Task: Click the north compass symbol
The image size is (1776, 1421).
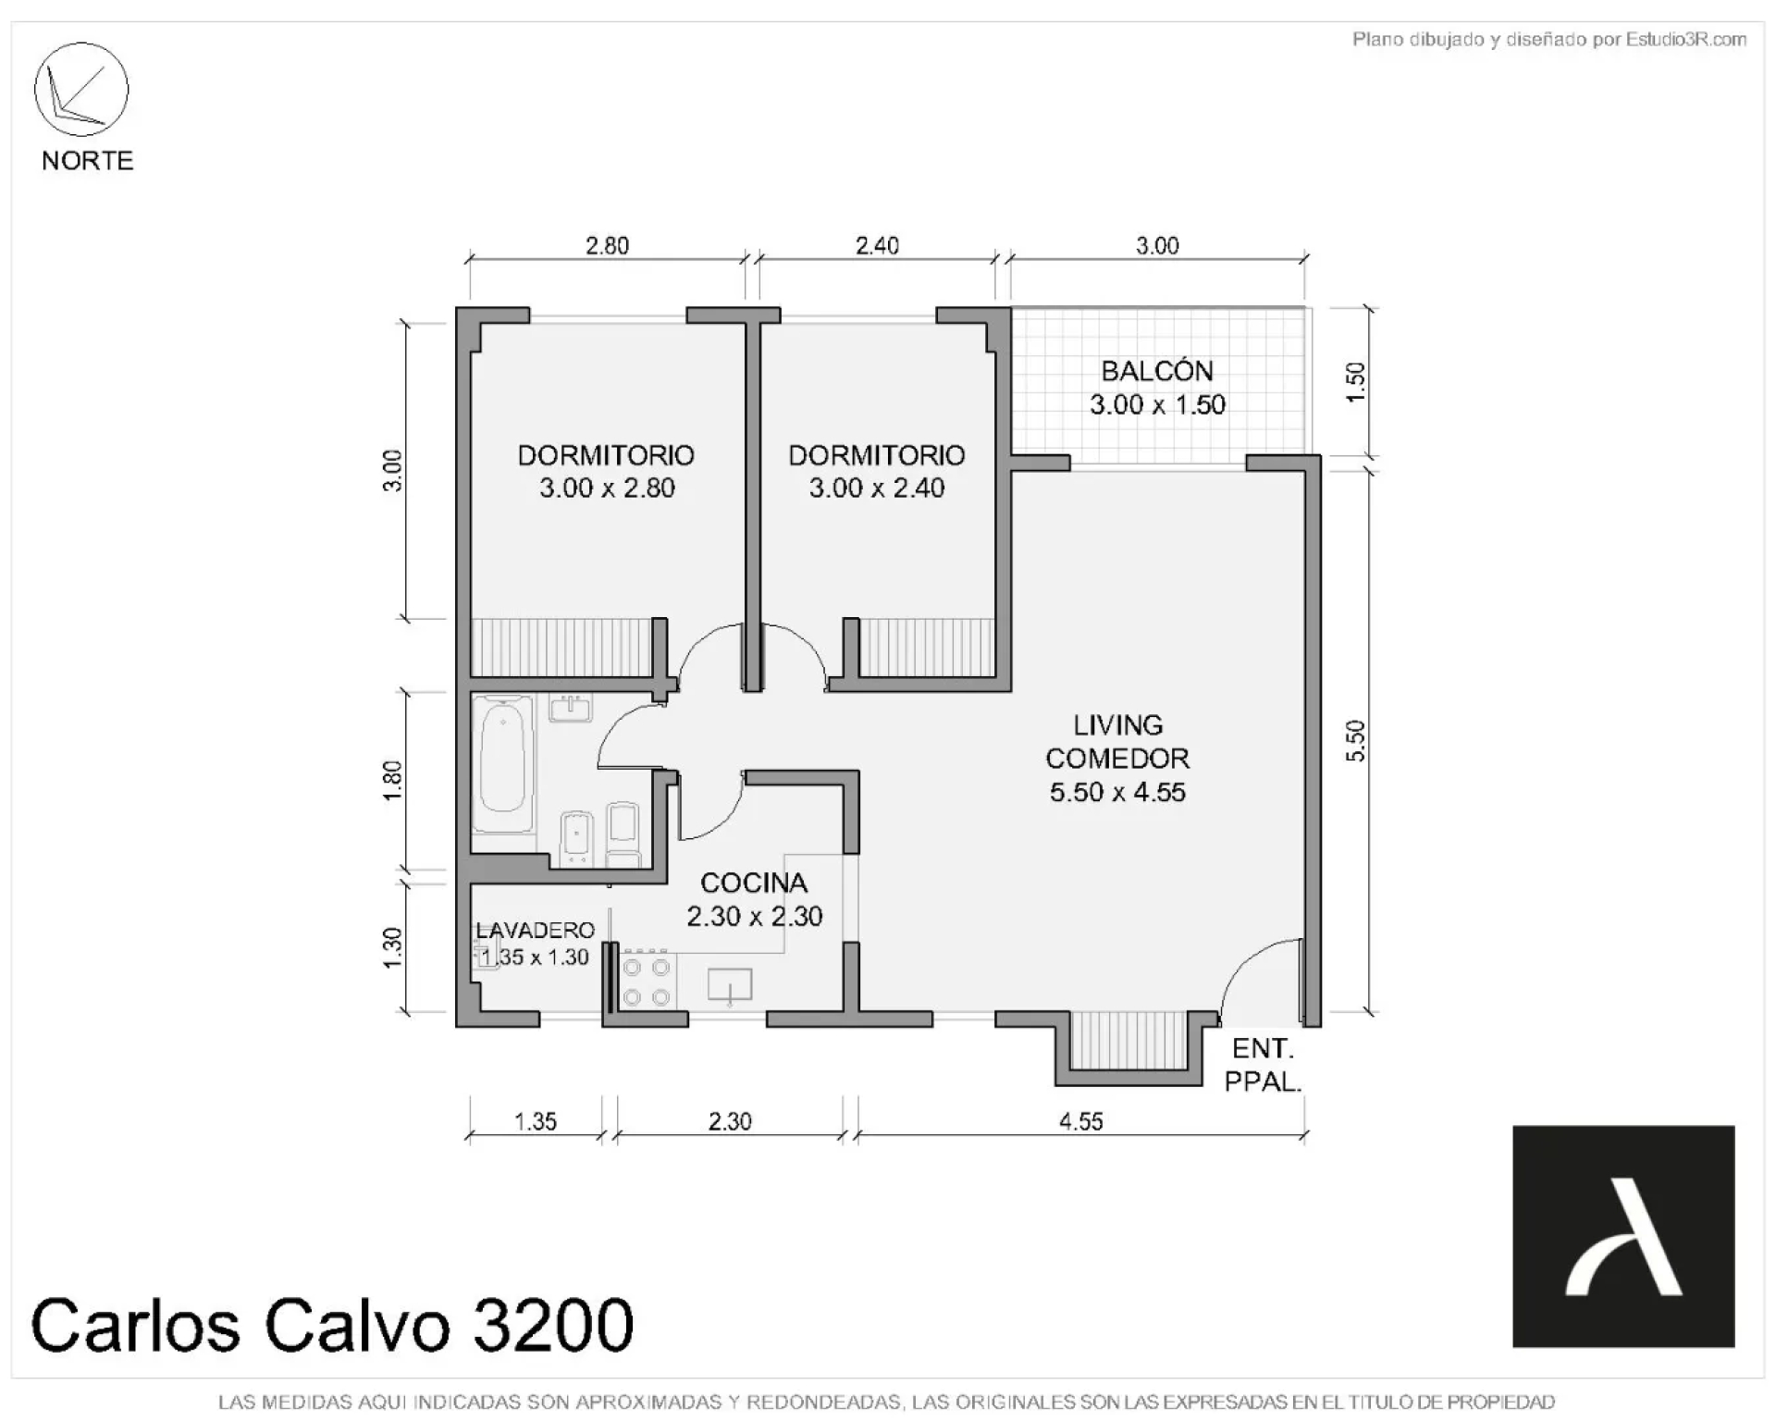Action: pos(81,90)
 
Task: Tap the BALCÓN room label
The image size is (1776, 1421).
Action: pos(1156,371)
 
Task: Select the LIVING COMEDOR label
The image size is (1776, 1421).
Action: pos(1117,742)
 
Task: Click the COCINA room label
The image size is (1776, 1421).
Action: pos(754,883)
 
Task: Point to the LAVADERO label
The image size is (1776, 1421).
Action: pos(535,931)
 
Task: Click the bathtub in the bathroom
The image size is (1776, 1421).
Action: pos(504,765)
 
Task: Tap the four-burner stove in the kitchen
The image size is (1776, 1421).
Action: pos(647,981)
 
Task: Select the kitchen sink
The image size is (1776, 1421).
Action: pos(730,986)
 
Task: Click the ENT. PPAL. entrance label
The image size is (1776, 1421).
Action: pos(1264,1065)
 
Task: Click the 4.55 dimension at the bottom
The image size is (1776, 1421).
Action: pos(1080,1121)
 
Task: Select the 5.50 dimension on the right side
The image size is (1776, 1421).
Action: pos(1355,741)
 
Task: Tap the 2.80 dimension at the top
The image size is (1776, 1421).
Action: pos(607,245)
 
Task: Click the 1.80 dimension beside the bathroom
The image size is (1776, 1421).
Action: pos(392,781)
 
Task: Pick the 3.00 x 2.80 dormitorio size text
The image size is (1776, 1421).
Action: pos(607,488)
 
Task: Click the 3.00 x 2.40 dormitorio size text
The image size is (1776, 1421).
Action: pos(877,488)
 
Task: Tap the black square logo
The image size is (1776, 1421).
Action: pos(1623,1236)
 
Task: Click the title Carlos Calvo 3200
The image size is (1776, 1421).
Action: pos(333,1324)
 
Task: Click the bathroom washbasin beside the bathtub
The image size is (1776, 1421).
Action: pos(571,709)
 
